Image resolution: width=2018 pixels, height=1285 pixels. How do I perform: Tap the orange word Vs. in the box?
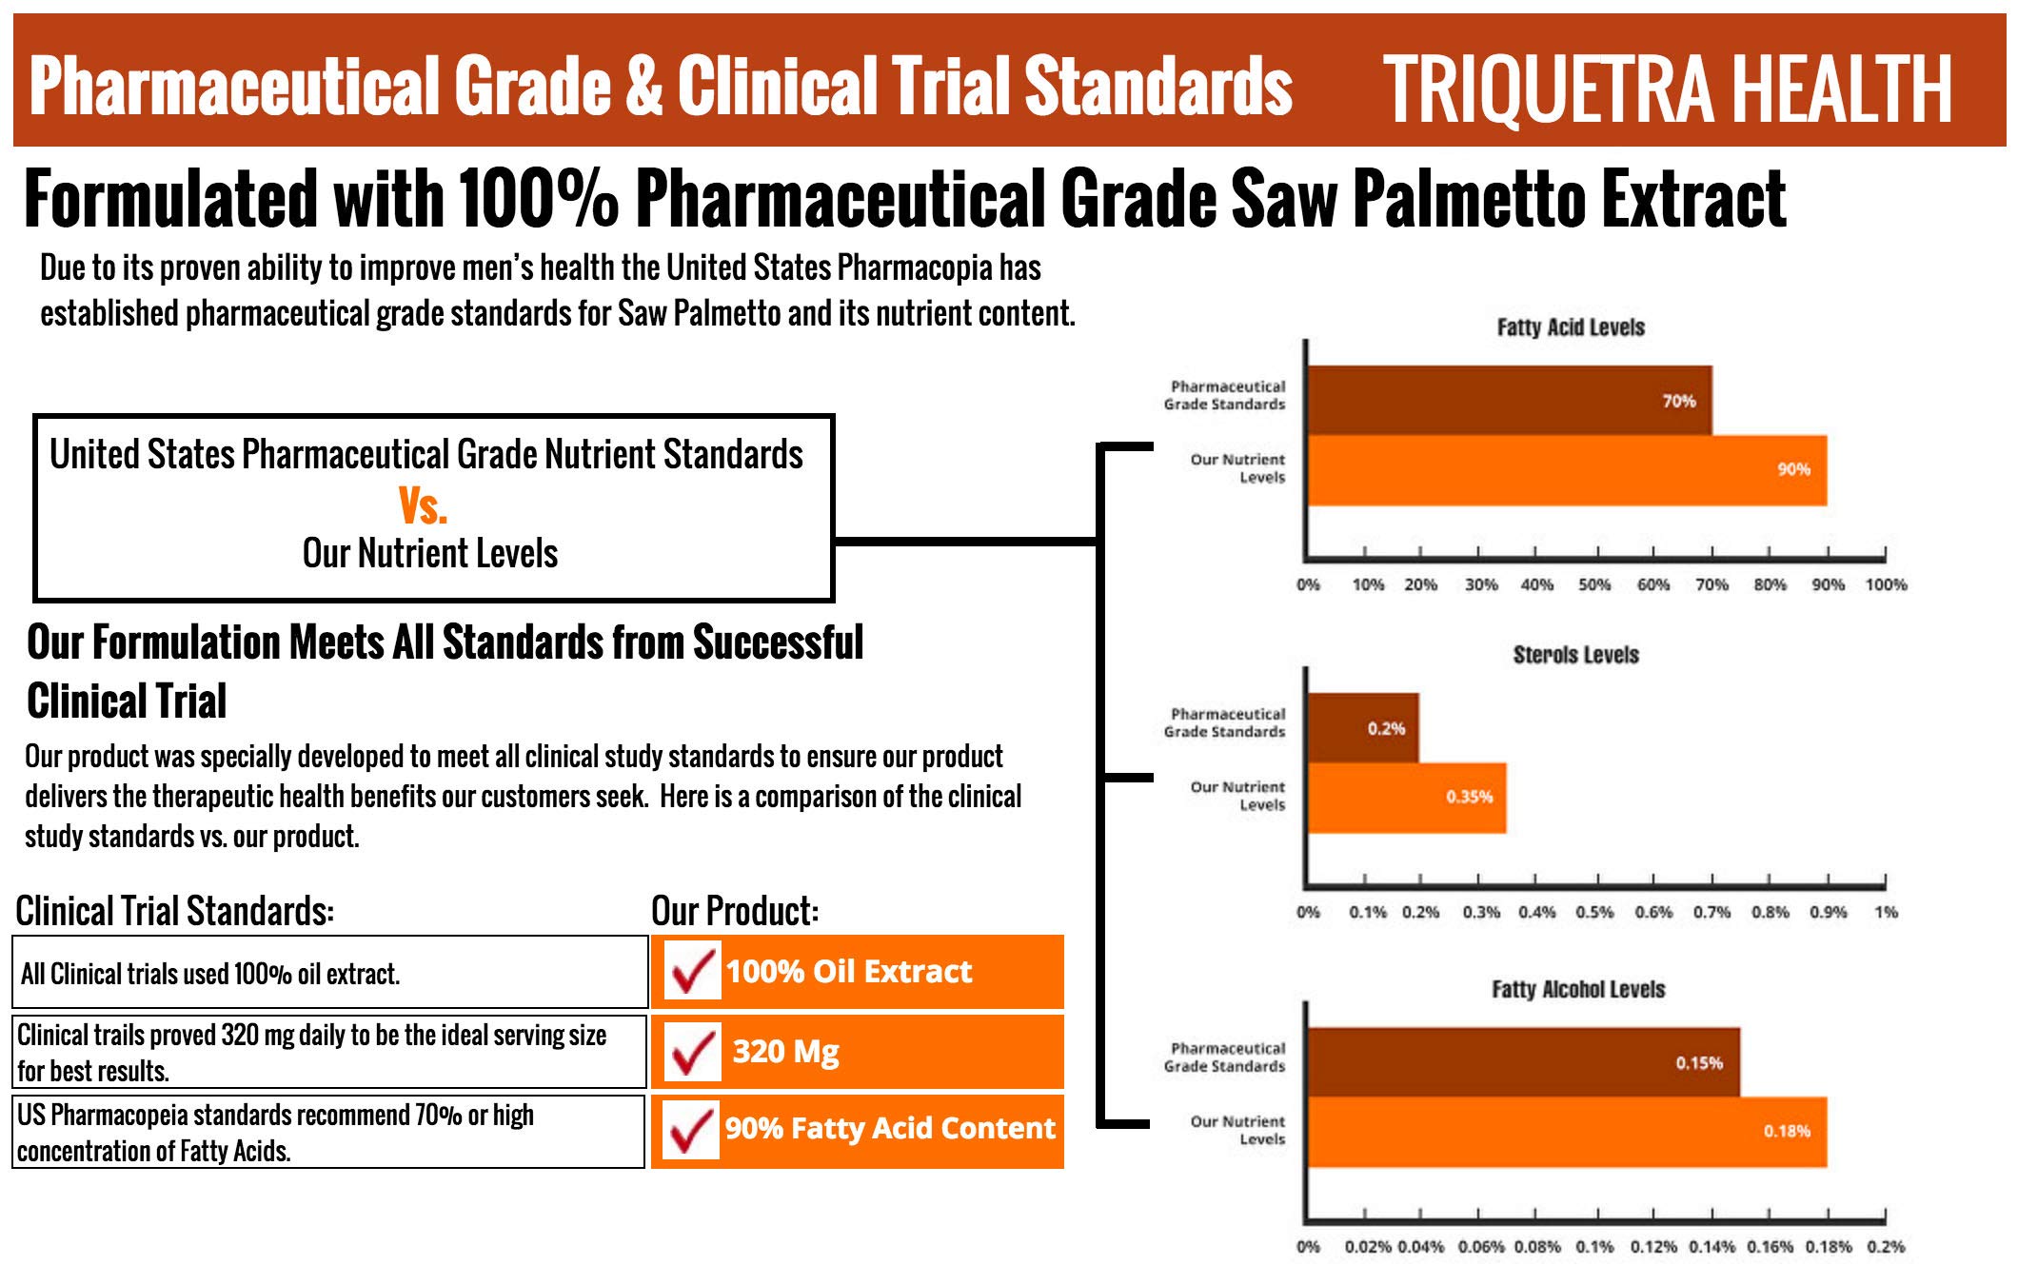[423, 505]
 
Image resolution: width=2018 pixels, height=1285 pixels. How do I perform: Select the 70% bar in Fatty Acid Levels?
[1510, 401]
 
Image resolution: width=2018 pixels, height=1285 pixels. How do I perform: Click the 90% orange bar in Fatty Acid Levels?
[1568, 470]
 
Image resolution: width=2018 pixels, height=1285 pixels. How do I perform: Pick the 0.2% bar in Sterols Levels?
[1363, 728]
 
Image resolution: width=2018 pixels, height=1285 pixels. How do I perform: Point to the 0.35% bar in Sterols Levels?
[1407, 798]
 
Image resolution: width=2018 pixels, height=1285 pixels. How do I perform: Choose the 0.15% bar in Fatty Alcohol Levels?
[1524, 1062]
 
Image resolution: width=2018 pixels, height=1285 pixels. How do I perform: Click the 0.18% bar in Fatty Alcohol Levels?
[1568, 1132]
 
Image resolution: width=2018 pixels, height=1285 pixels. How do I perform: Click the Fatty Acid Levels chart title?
[1571, 327]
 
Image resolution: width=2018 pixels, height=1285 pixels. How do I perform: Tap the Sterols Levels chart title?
[1576, 655]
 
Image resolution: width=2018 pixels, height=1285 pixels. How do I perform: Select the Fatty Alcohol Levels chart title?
[1578, 990]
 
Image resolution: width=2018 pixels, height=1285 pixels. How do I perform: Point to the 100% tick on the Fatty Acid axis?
[1886, 584]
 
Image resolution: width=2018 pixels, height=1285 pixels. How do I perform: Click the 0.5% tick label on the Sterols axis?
[1594, 912]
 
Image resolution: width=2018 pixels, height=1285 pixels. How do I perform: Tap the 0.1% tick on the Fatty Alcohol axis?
[1594, 1247]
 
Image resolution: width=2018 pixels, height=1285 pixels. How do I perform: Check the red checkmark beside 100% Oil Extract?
[692, 970]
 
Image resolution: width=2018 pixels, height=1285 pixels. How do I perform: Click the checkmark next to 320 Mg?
[692, 1051]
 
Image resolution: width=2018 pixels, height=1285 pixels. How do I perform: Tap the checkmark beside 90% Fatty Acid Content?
[692, 1130]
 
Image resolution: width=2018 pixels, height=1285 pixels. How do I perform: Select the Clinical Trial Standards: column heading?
[175, 911]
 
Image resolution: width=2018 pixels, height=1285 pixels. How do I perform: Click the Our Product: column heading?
[735, 911]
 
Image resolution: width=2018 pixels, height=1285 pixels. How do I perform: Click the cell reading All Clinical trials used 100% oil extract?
[330, 972]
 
